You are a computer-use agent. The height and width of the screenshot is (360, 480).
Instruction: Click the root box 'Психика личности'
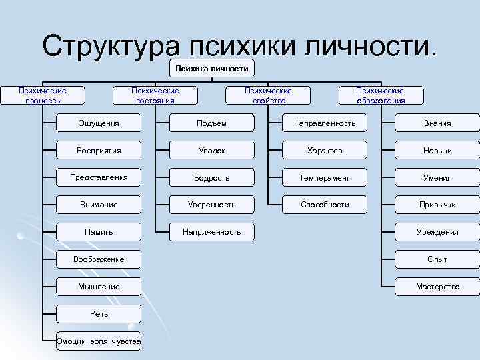211,69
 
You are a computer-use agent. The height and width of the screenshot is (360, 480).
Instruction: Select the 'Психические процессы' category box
43,95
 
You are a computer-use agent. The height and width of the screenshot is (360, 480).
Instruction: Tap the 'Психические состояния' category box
155,95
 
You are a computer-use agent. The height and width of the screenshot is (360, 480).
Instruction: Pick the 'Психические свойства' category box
268,95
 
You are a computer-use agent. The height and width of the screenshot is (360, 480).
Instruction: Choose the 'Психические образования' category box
380,95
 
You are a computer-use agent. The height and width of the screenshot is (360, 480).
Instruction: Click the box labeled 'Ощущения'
99,123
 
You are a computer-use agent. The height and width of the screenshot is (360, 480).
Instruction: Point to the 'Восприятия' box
99,151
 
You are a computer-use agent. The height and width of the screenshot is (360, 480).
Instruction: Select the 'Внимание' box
99,205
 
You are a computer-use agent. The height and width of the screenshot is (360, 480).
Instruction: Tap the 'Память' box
99,232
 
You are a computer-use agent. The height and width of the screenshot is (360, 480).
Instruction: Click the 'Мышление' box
99,287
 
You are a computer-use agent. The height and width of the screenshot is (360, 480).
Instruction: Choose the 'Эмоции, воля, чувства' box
99,341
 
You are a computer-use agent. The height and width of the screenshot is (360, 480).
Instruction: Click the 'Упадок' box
211,151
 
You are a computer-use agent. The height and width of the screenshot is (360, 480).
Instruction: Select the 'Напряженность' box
211,232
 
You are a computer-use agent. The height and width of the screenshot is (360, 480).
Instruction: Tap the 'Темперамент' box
325,178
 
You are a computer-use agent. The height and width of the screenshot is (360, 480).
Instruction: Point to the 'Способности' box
325,205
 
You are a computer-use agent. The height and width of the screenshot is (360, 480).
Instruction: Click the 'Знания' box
437,123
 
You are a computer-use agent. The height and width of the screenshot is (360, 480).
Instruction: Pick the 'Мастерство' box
437,287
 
